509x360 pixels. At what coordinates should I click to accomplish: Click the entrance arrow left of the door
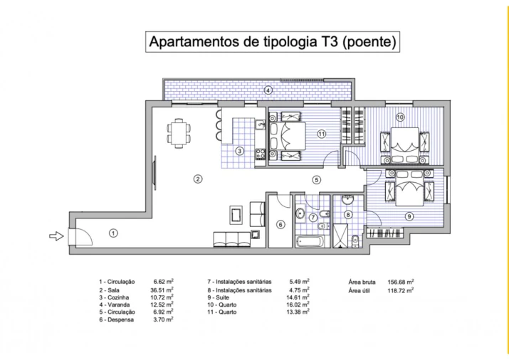coord(55,237)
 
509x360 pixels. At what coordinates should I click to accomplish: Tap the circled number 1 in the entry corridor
coord(112,232)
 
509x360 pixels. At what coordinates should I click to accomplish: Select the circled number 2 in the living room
coord(198,179)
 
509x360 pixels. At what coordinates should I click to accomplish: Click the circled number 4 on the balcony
coord(268,90)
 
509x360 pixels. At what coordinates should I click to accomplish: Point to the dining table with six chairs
coord(179,132)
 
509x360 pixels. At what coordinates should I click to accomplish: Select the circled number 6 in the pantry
coord(280,225)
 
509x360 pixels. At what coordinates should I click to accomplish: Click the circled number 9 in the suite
coord(409,217)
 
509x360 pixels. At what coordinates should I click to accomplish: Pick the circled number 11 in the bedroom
coord(322,133)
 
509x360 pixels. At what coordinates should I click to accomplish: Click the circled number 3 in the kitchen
coord(241,150)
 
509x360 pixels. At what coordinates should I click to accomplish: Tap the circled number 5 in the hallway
coord(317,179)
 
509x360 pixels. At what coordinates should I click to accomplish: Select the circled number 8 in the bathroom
coord(348,214)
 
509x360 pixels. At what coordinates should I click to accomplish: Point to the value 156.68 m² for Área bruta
coord(402,281)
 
